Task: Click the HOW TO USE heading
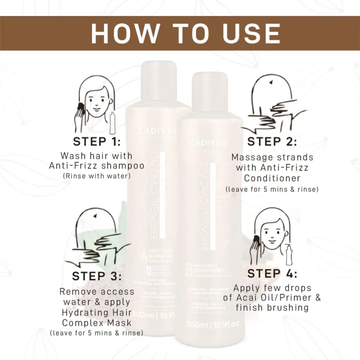[185, 33]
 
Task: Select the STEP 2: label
[272, 141]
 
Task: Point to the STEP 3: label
[96, 276]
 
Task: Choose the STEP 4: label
[272, 273]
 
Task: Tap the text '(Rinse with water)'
[97, 176]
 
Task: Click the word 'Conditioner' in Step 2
[272, 178]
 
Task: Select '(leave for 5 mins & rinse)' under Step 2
[272, 189]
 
